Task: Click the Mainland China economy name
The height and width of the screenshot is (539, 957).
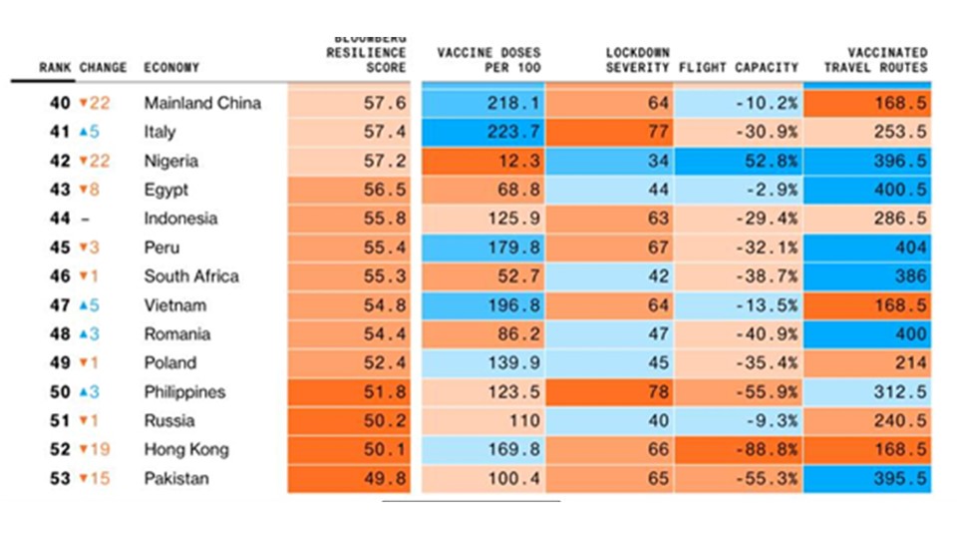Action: pyautogui.click(x=202, y=103)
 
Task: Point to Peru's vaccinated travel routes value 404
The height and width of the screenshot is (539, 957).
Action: pyautogui.click(x=909, y=248)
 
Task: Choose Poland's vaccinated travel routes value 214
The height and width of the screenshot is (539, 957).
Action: pyautogui.click(x=909, y=363)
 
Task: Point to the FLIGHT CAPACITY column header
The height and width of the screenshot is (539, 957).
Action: pyautogui.click(x=738, y=68)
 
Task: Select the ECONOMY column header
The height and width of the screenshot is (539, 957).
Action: pyautogui.click(x=171, y=68)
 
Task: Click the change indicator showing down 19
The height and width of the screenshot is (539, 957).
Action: pyautogui.click(x=95, y=450)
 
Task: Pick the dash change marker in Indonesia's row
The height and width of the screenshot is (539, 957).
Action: pyautogui.click(x=86, y=219)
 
